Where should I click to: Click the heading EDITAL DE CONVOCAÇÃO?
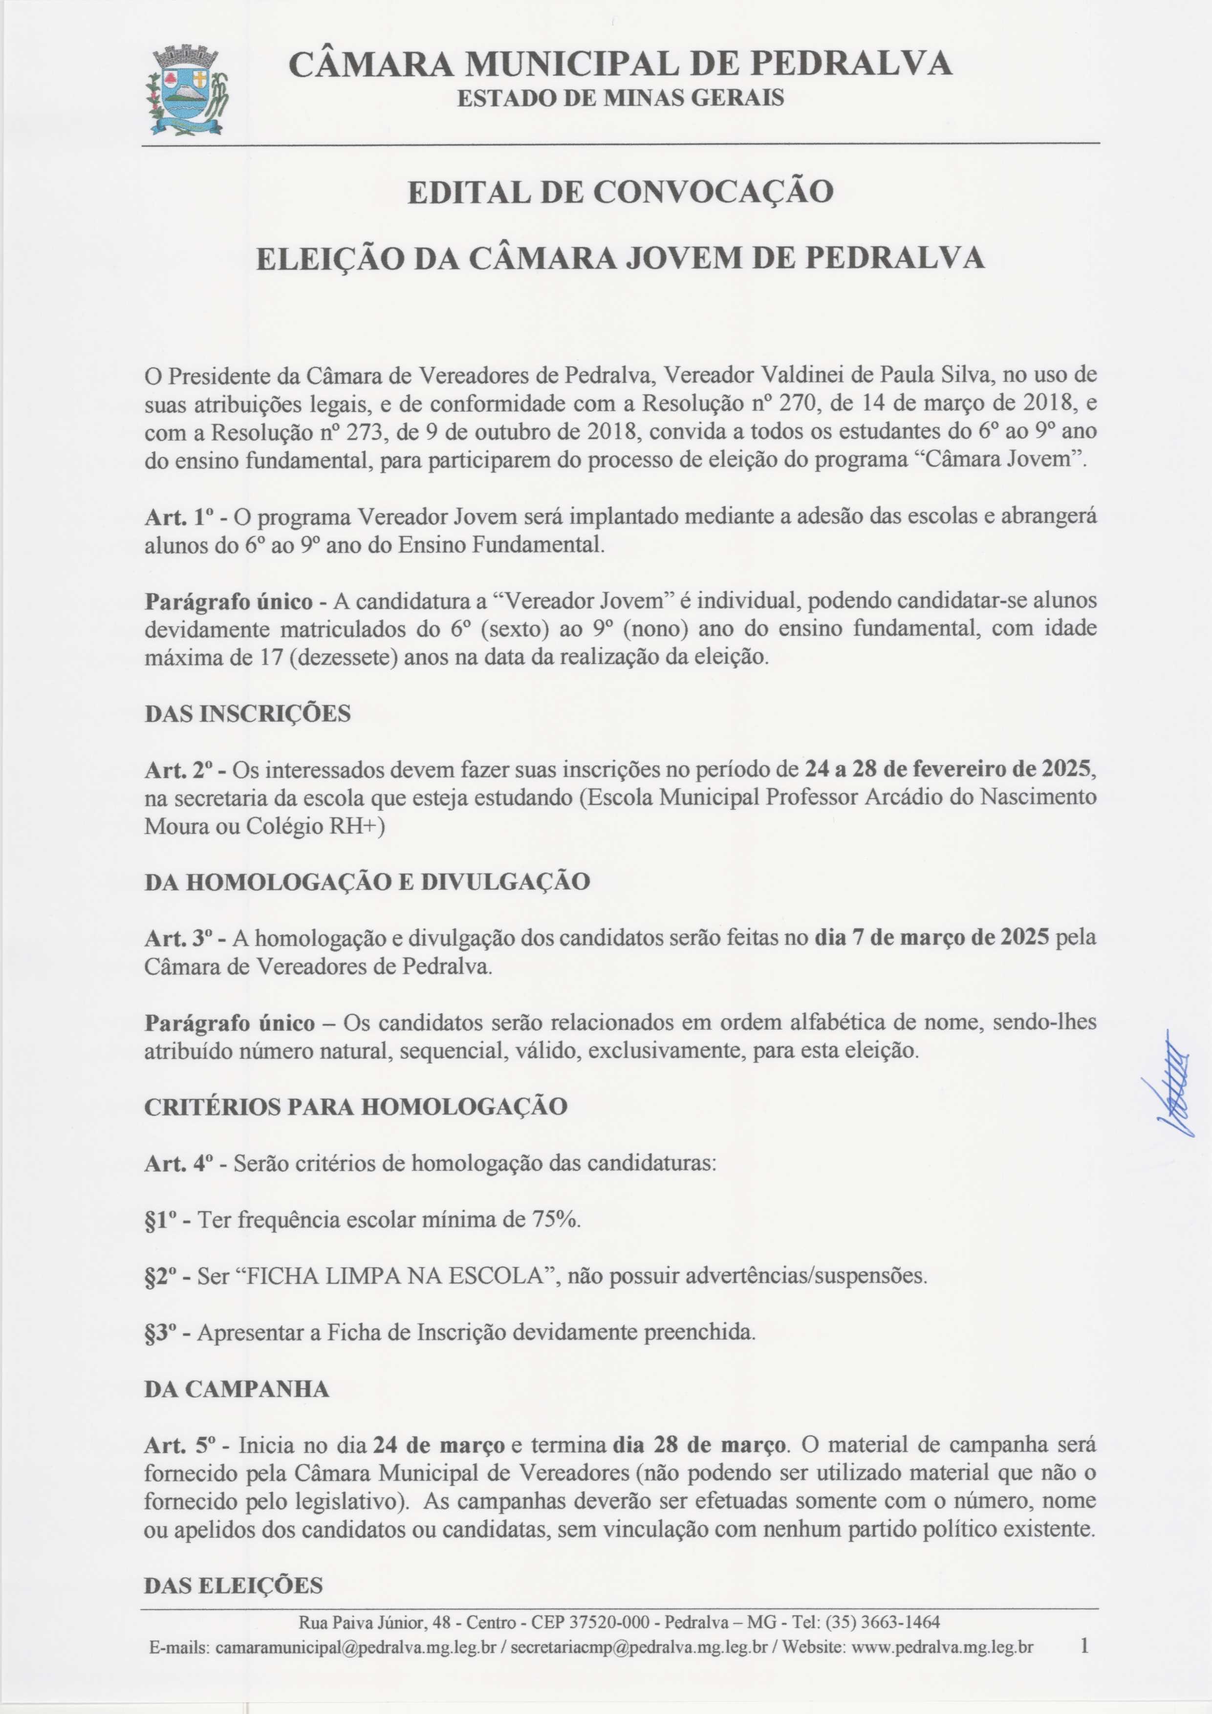coord(620,192)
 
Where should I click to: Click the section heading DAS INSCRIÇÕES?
coord(247,714)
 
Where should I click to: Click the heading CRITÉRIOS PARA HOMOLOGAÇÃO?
coord(355,1106)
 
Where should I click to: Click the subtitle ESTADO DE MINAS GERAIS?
coord(620,98)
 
